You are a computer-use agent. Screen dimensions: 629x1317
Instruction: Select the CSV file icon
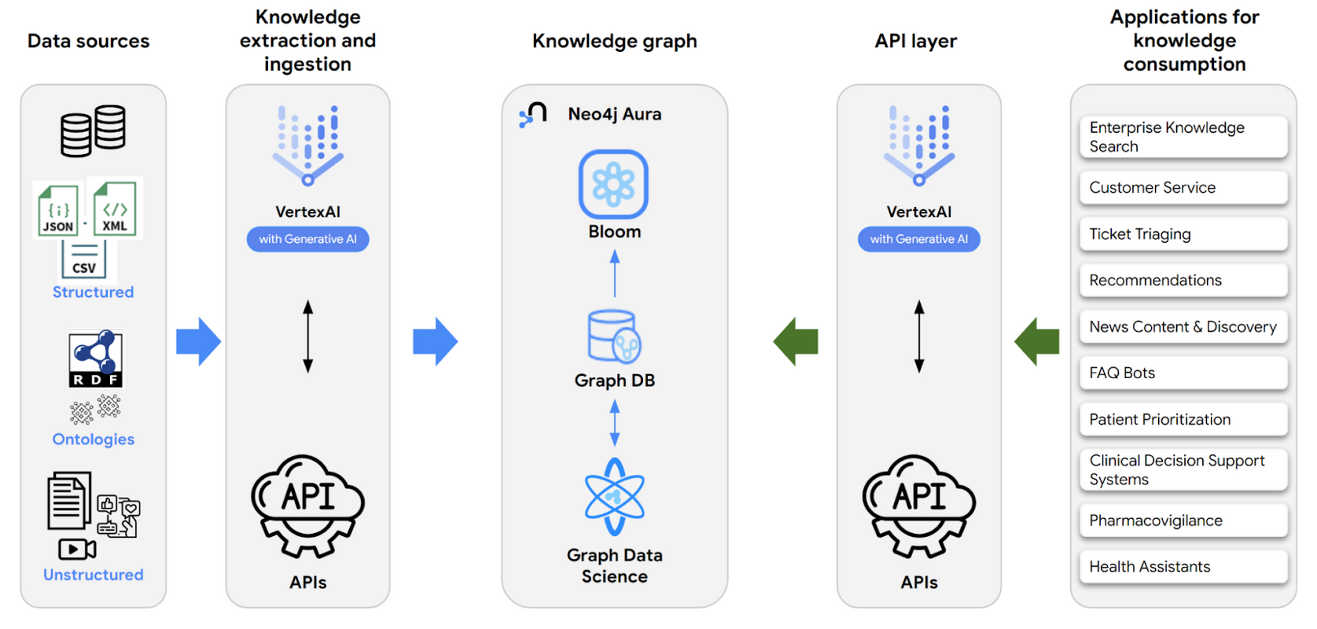[x=84, y=260]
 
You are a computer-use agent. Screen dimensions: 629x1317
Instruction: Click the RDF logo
[x=95, y=359]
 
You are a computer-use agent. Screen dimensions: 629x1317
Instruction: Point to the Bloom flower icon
[x=613, y=185]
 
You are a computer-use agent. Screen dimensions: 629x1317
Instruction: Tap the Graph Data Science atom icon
[x=614, y=496]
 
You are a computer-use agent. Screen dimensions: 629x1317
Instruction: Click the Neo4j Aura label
[x=614, y=114]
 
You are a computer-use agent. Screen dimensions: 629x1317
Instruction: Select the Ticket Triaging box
[x=1183, y=234]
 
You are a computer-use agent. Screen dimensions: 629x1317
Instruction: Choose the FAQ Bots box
[x=1183, y=373]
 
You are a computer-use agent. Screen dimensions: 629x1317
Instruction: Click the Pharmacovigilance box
[x=1183, y=520]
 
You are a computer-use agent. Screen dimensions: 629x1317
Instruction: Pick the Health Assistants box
[x=1183, y=567]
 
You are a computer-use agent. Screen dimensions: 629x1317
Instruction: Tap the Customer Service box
[x=1183, y=188]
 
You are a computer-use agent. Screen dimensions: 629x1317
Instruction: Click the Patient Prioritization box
[x=1183, y=419]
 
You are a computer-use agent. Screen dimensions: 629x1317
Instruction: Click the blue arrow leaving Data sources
[x=198, y=341]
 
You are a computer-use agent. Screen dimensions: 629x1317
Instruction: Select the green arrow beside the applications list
[x=1037, y=341]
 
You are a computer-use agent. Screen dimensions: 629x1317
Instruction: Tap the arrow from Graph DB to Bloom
[x=615, y=273]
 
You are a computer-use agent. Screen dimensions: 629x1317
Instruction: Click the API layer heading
[x=916, y=41]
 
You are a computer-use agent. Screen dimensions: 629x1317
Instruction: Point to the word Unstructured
[x=93, y=575]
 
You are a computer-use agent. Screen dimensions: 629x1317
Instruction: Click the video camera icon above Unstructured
[x=77, y=549]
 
